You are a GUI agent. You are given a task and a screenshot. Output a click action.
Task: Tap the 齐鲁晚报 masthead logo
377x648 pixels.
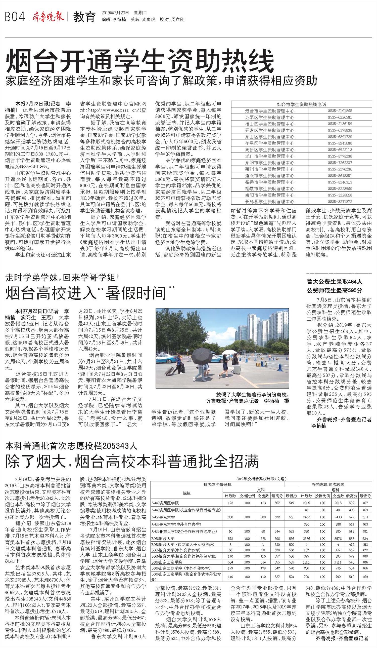tap(48, 17)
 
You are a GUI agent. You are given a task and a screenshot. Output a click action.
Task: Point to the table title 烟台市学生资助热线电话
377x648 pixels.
tap(302, 104)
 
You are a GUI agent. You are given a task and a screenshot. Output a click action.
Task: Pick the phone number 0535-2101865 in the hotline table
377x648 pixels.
tap(340, 111)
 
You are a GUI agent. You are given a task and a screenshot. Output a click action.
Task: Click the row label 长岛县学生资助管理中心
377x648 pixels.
tap(270, 202)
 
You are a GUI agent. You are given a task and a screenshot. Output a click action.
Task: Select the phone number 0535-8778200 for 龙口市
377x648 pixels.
tap(340, 156)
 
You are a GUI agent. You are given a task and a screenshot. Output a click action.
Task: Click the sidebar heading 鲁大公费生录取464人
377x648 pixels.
tap(334, 282)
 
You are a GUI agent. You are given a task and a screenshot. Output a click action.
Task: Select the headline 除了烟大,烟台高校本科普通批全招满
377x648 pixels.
tap(132, 461)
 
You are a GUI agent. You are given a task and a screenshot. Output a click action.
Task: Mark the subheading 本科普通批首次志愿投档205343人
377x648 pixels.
tap(71, 445)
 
